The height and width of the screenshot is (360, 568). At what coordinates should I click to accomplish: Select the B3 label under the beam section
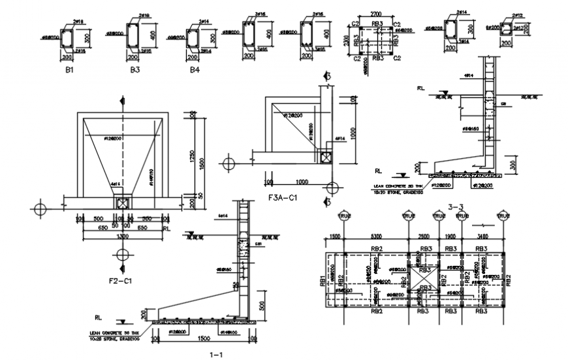click(135, 69)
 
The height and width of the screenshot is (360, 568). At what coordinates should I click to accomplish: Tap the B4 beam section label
click(194, 69)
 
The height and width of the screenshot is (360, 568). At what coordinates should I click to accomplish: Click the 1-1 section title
click(216, 354)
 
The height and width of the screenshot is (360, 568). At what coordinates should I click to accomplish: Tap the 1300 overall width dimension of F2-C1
click(122, 236)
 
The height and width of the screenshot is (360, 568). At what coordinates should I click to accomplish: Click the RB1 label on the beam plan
click(323, 281)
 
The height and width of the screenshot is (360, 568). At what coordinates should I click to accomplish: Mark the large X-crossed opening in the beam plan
click(423, 279)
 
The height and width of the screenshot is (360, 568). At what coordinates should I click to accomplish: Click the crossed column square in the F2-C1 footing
click(122, 204)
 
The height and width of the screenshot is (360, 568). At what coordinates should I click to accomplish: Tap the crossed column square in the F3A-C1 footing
click(324, 156)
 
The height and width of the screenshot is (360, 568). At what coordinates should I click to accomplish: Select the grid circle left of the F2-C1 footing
click(40, 209)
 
